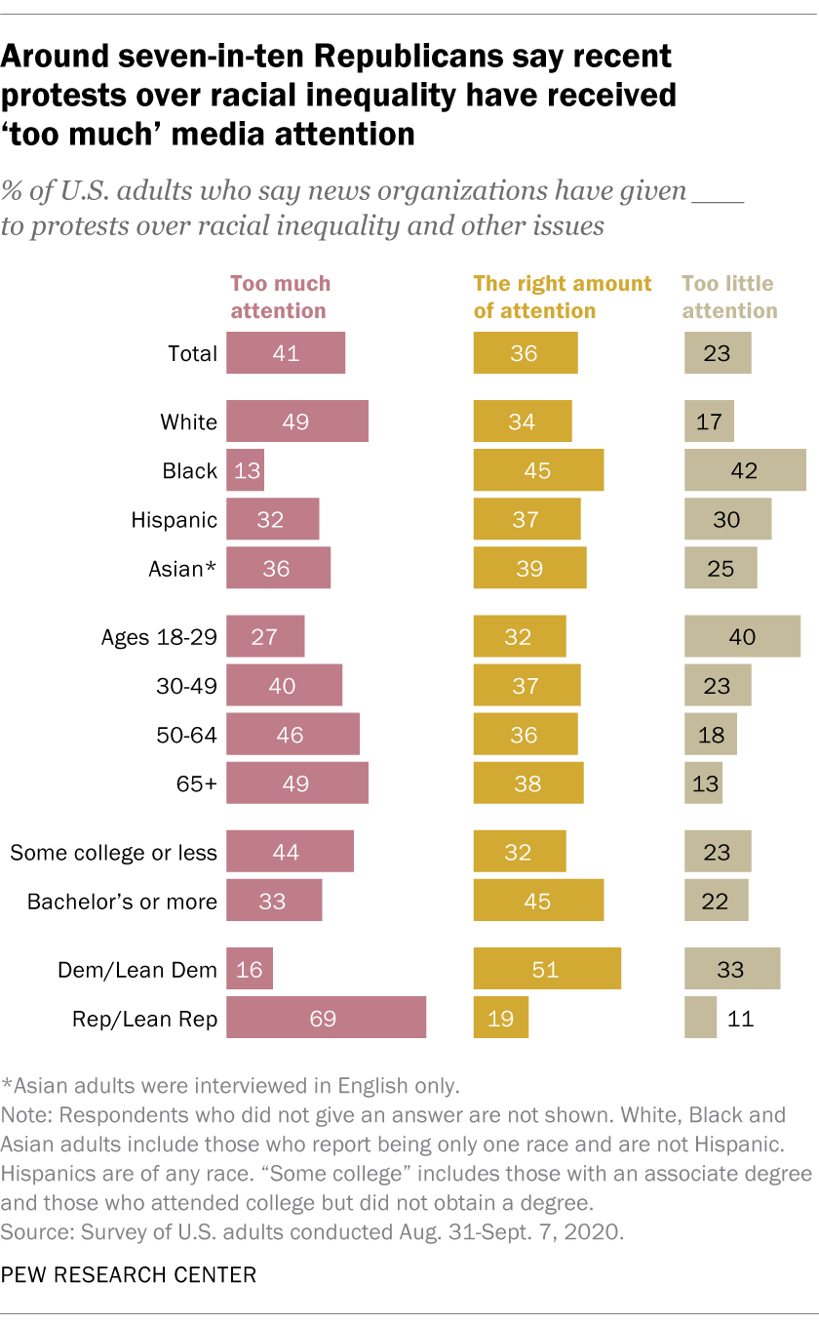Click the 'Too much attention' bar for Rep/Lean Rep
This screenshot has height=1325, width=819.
coord(326,1018)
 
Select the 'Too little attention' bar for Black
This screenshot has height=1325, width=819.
coord(745,470)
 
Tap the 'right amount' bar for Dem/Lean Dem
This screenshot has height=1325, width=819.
coord(547,969)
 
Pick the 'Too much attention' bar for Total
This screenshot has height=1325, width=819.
coord(286,353)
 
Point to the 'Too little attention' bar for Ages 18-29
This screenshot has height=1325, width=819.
coord(742,636)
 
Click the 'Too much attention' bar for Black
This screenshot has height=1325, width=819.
coord(245,470)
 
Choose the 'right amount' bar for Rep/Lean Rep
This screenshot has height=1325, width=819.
coord(501,1018)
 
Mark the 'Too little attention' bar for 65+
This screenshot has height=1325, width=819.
coord(703,783)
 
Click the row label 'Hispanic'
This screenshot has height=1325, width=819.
coord(175,520)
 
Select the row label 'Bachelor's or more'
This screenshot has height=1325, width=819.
coord(122,902)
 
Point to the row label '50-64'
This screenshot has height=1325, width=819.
coord(187,734)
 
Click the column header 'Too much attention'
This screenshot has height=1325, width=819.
coord(280,298)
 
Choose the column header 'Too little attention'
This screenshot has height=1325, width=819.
coord(729,298)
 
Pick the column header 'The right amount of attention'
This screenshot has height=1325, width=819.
coord(562,298)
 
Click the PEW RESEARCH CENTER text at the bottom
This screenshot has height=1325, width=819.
coord(129,1274)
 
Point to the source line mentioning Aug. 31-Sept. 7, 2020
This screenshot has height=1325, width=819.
coord(311,1232)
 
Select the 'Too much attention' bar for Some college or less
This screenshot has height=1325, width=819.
coord(290,852)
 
